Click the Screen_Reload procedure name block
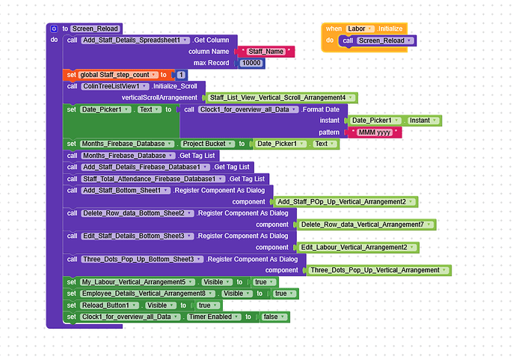click(96, 28)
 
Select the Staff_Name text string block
click(265, 52)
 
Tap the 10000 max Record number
click(251, 63)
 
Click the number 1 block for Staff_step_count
click(181, 75)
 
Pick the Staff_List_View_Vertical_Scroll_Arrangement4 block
click(280, 97)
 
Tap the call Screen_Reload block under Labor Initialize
click(378, 40)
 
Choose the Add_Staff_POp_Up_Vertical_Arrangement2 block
click(344, 201)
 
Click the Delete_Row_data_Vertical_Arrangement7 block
click(365, 225)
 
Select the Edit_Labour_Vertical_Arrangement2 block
click(357, 247)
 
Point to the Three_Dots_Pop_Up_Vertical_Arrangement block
click(378, 270)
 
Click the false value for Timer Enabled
click(276, 317)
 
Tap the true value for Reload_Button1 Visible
click(207, 305)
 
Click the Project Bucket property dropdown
click(206, 144)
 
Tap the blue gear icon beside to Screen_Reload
click(54, 28)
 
